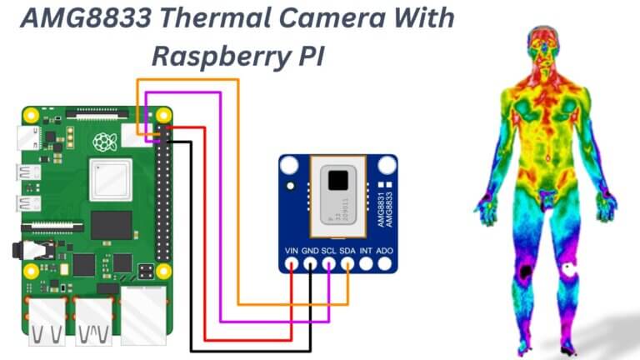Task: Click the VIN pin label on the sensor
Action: tap(292, 249)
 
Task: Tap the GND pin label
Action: tap(310, 249)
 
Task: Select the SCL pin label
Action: tap(329, 249)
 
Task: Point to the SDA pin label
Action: tap(347, 249)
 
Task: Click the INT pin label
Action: tap(366, 249)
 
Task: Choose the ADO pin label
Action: tap(384, 249)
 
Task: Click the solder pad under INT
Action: tap(366, 265)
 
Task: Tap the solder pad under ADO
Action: tap(384, 265)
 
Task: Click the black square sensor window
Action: tap(339, 180)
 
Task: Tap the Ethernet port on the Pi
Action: tap(143, 317)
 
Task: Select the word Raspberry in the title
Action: tap(218, 56)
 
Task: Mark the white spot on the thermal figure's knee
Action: tap(570, 268)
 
